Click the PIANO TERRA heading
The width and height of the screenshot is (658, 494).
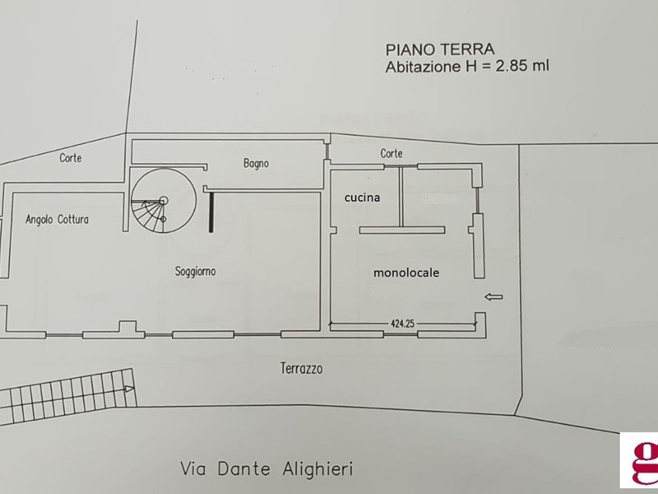(x=440, y=49)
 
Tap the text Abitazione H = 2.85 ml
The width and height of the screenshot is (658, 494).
(x=467, y=67)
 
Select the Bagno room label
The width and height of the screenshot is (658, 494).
(x=256, y=163)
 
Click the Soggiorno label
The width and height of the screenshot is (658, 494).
(x=195, y=272)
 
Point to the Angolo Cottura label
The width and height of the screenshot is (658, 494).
(x=57, y=219)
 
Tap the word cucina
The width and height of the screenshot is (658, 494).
(x=362, y=198)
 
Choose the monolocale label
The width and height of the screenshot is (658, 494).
(x=406, y=273)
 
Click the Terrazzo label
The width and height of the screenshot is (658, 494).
(x=301, y=369)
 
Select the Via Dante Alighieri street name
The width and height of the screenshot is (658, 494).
(x=266, y=468)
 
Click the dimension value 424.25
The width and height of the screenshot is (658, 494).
(x=402, y=324)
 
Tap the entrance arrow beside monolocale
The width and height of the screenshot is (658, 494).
(x=493, y=297)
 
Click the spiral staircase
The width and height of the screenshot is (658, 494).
(x=164, y=201)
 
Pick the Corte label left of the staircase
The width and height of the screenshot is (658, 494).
(x=71, y=158)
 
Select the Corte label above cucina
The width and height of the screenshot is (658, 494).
(x=392, y=154)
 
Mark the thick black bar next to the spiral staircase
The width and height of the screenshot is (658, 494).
(x=211, y=212)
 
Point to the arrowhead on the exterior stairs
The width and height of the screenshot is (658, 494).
(x=130, y=389)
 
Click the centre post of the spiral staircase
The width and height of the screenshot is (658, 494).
(x=164, y=201)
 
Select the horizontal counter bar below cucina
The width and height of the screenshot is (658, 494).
(x=402, y=231)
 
